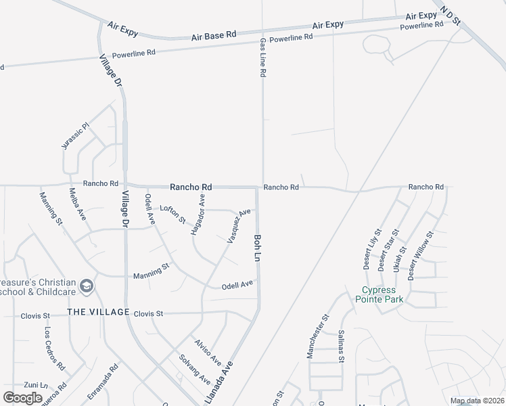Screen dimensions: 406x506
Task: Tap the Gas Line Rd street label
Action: point(263,58)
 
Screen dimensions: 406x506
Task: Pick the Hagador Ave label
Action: point(198,215)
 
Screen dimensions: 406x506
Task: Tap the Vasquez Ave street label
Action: point(239,226)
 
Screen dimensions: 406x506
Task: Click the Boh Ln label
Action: point(258,249)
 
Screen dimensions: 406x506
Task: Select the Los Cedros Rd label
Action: point(55,349)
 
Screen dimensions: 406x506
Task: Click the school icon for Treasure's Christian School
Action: point(86,286)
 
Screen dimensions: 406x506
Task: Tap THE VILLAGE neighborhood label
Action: point(98,312)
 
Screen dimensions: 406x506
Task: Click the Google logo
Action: point(22,398)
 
